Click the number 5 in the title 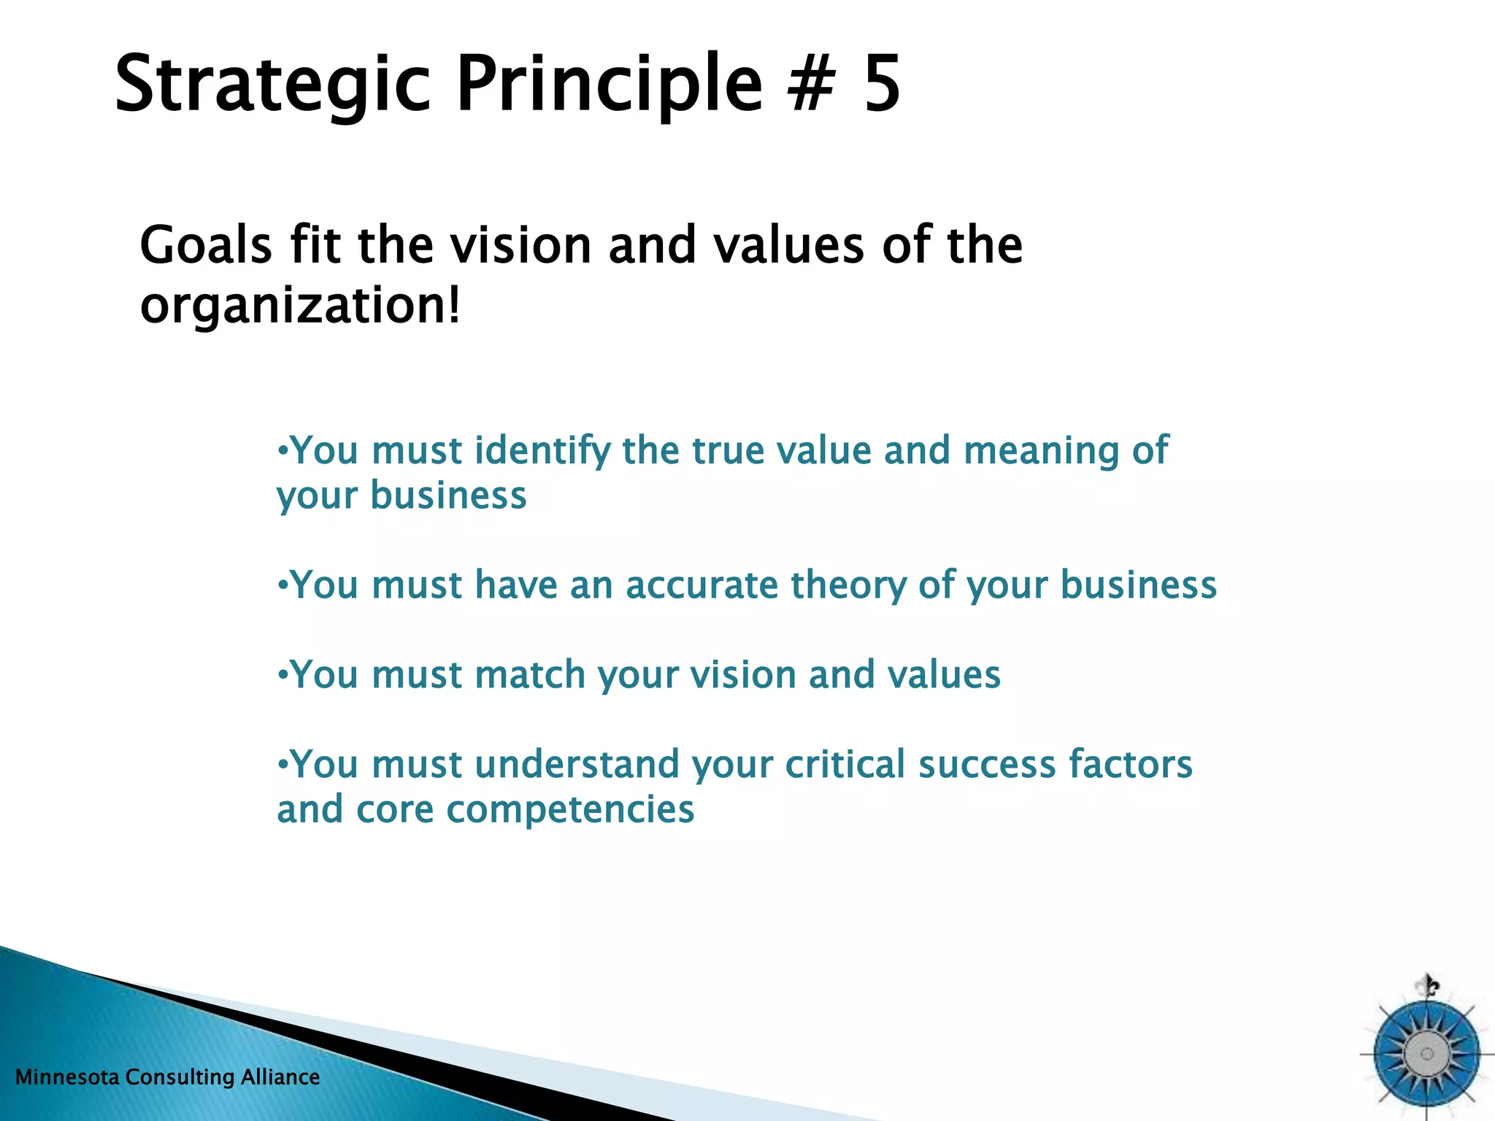click(x=882, y=84)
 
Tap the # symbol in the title click(x=811, y=84)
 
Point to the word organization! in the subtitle click(x=300, y=307)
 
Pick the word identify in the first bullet click(x=542, y=451)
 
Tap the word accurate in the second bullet click(x=702, y=585)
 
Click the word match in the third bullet click(x=530, y=674)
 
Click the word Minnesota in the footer click(x=67, y=1077)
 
